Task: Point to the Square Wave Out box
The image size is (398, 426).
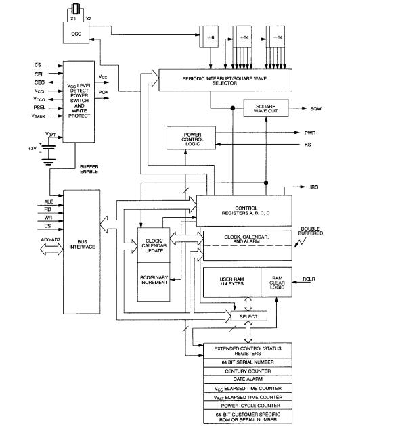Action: (265, 108)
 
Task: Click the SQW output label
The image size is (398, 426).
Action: (315, 108)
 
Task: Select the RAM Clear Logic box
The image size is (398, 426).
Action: (276, 285)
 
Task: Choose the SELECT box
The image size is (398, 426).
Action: (249, 316)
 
